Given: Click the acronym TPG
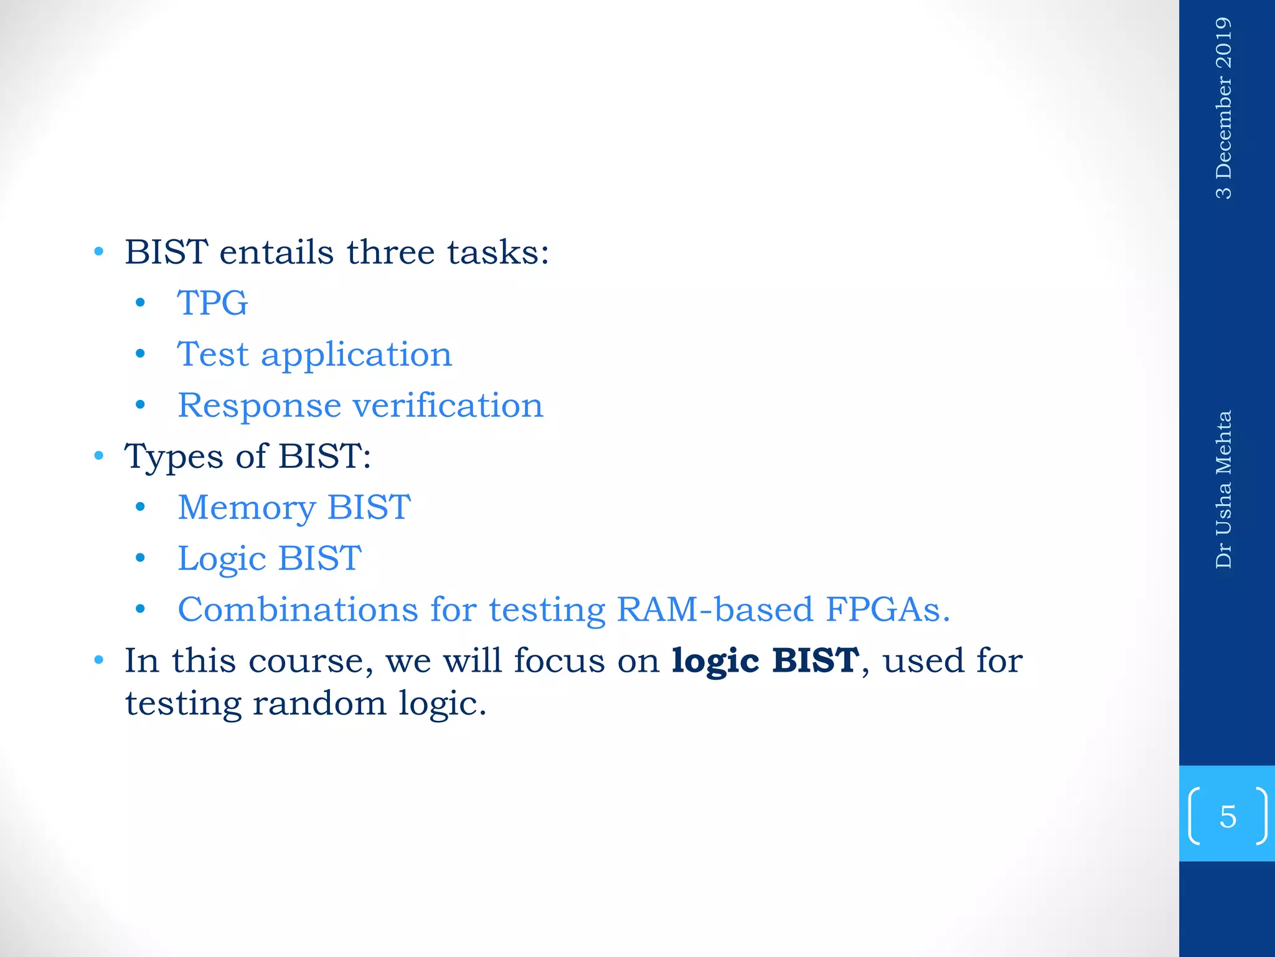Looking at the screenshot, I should tap(212, 303).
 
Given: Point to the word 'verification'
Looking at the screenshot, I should tap(448, 406).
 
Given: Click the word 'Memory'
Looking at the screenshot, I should tap(246, 508).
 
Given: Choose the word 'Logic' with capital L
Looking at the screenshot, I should tap(222, 559).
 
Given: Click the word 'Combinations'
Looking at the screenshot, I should tap(298, 609).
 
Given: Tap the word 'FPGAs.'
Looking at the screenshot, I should tap(888, 609).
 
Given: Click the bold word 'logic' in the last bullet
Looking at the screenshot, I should tap(715, 662).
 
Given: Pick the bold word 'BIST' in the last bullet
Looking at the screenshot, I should tap(816, 660).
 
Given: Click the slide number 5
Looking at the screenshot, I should tap(1228, 816).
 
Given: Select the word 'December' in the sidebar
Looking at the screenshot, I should tap(1223, 126).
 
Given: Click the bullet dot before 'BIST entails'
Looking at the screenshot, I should tap(99, 252).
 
